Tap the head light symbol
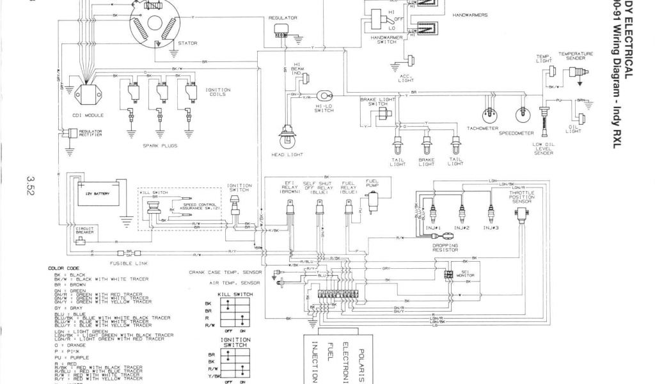286,135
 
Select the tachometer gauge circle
491,115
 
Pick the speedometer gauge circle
525,115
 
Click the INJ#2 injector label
462,228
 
